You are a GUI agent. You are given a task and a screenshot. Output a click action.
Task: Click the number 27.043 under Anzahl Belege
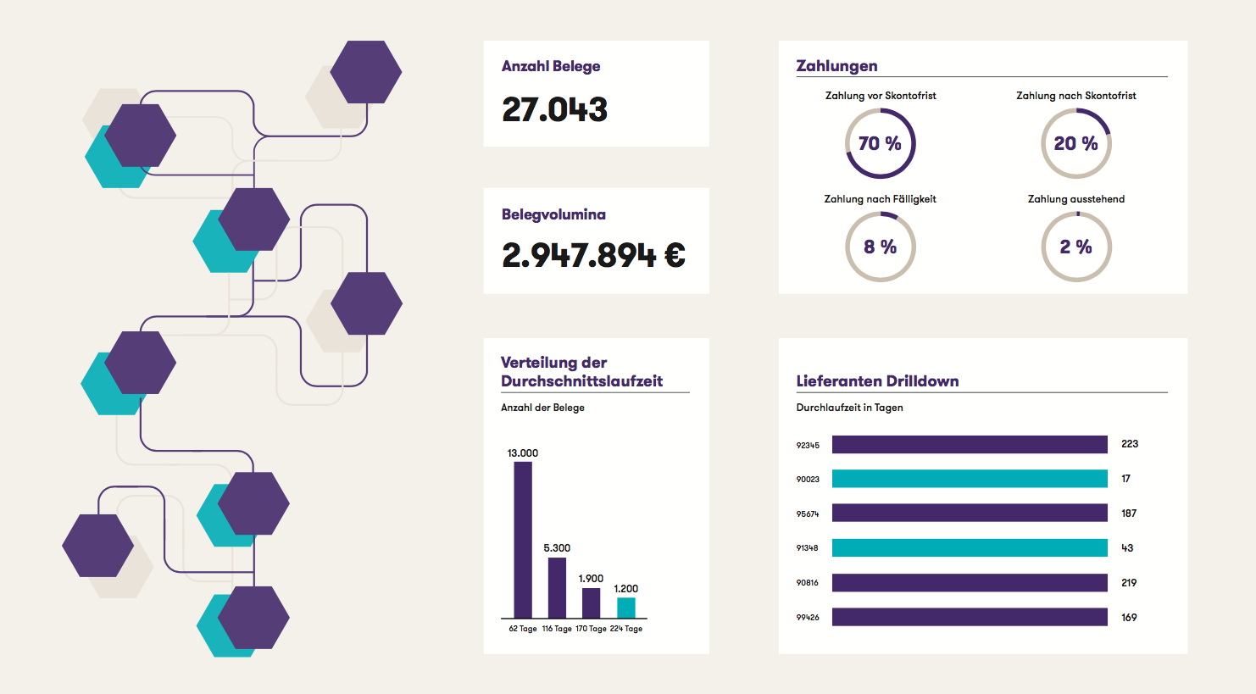(554, 109)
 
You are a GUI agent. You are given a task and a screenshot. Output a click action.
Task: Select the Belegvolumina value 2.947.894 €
(592, 255)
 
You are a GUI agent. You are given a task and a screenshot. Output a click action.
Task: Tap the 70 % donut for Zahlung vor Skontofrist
(881, 143)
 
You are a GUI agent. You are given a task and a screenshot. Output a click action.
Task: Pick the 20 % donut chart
(1075, 143)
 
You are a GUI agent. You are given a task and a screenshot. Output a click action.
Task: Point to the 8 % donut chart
(881, 247)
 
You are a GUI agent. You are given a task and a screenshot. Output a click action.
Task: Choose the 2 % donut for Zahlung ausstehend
(1075, 247)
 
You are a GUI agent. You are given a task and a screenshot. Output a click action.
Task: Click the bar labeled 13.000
(523, 540)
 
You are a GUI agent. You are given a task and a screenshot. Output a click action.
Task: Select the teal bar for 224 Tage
(625, 608)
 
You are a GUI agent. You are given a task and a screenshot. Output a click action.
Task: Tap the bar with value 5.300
(557, 587)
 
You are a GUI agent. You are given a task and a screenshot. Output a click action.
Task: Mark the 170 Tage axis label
(591, 629)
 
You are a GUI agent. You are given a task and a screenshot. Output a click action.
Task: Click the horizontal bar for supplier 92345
(970, 444)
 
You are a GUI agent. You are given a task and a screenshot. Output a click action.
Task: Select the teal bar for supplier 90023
(970, 479)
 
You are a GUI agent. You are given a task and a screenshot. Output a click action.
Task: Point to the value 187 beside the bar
(1129, 514)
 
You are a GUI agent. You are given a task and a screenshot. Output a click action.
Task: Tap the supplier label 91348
(807, 548)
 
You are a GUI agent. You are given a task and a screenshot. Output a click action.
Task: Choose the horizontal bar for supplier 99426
(970, 617)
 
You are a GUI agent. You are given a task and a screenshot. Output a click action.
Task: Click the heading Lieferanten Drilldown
(877, 381)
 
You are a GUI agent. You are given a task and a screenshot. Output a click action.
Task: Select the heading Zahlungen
(836, 66)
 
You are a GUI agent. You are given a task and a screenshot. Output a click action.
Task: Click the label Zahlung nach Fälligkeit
(880, 199)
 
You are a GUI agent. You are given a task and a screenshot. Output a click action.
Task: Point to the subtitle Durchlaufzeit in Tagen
(849, 408)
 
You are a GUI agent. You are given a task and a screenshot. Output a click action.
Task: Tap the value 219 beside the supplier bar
(1129, 583)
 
